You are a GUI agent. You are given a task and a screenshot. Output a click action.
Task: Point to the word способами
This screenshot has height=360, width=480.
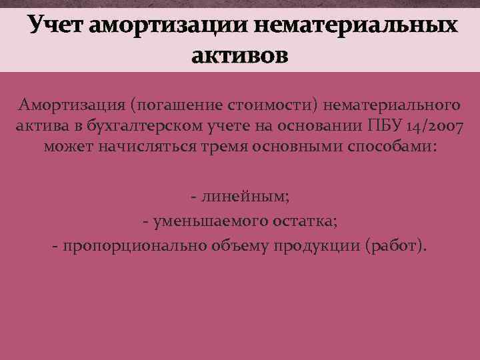pos(397,147)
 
